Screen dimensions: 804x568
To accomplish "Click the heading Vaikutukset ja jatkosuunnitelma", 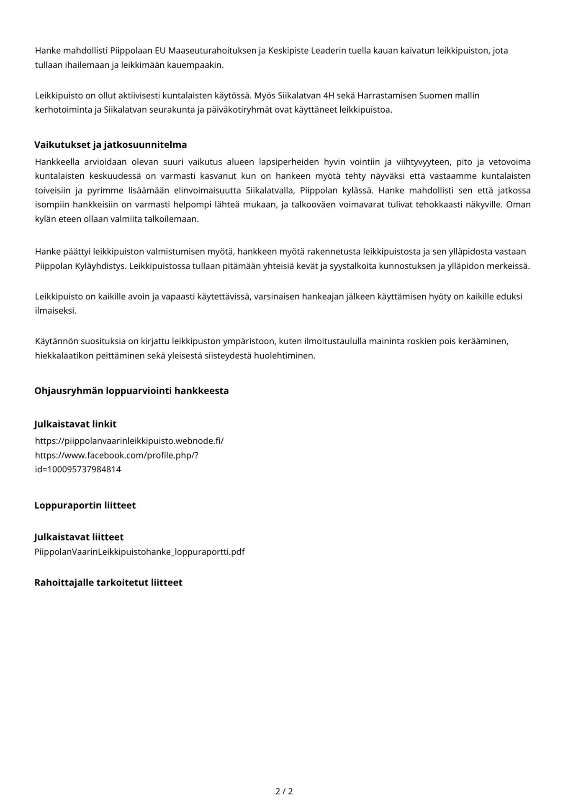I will coord(111,145).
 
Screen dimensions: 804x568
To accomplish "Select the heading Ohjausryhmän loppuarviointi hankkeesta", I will coord(131,391).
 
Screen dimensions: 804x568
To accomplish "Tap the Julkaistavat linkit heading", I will coord(75,424).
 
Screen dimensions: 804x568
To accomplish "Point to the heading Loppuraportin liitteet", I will coord(85,505).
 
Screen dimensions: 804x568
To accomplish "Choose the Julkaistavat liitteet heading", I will coord(79,537).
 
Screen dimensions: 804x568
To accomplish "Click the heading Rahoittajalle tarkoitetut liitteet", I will coord(108,583).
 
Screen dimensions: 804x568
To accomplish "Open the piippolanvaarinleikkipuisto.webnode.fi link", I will coord(129,441).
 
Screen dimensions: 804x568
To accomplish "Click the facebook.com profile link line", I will coord(116,455).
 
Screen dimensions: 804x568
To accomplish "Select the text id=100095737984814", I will coord(78,469).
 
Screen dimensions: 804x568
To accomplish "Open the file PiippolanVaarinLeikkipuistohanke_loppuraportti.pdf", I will coord(139,552).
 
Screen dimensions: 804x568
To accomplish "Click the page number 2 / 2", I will coord(284,791).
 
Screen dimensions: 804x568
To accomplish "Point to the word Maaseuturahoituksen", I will coord(216,51).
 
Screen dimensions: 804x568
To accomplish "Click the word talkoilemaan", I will coord(173,219).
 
